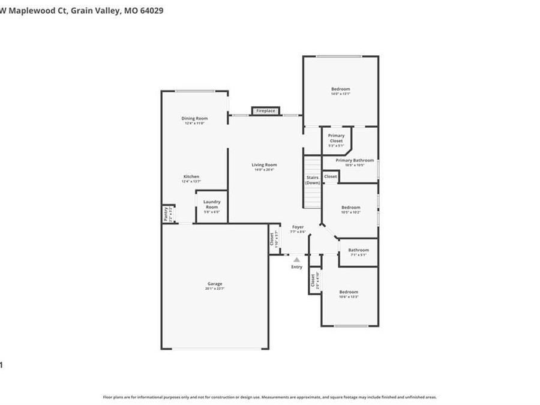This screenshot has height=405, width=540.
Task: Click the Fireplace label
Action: [265, 111]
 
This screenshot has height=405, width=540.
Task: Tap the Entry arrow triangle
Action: [296, 259]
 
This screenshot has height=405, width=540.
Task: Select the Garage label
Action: [215, 284]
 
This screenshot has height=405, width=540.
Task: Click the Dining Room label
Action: [194, 118]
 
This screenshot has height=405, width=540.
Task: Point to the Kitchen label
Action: [191, 176]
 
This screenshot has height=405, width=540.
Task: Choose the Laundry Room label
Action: [212, 204]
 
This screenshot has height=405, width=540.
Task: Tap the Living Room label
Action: [264, 165]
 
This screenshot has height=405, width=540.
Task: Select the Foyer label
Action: [298, 227]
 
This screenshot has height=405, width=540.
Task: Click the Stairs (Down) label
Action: [313, 180]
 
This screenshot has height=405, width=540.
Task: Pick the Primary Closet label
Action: [336, 138]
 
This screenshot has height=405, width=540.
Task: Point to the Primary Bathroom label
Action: [355, 160]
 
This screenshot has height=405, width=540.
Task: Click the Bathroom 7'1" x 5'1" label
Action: [358, 250]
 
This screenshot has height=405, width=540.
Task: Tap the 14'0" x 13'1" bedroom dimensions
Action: [340, 94]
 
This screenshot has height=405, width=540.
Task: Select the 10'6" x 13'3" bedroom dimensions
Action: [349, 297]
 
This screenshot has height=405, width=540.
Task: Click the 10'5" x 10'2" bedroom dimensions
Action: [351, 212]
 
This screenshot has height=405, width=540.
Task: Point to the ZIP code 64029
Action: [150, 11]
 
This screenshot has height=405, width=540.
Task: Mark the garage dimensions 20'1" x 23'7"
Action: [215, 289]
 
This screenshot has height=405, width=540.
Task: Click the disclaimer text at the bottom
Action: [269, 397]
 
